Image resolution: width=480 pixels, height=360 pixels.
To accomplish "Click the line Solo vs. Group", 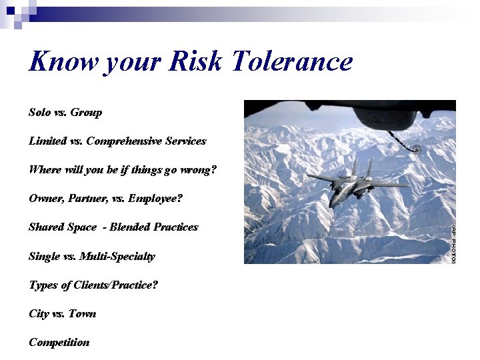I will click(x=65, y=113).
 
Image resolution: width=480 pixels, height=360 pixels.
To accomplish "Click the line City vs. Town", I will click(x=62, y=314).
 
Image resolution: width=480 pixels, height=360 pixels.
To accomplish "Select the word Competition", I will click(x=59, y=343).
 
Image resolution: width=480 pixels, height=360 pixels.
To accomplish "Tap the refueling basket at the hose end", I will click(x=416, y=149).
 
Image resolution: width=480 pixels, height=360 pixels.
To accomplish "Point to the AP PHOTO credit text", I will click(x=453, y=243).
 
